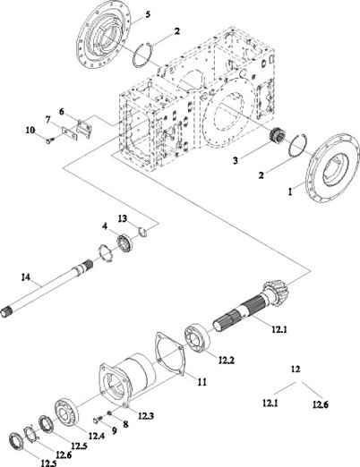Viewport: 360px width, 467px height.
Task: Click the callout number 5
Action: (x=148, y=14)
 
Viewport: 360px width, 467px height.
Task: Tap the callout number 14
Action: (x=26, y=277)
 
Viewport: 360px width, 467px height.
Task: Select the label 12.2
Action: (x=226, y=361)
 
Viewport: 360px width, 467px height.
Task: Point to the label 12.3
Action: (x=146, y=415)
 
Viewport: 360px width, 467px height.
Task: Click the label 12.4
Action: (x=96, y=436)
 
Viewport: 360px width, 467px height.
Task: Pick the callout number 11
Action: (x=202, y=382)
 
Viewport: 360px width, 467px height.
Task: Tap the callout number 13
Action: (x=123, y=218)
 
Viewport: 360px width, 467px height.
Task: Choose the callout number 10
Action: (x=30, y=131)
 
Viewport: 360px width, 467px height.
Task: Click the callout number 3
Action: (x=236, y=160)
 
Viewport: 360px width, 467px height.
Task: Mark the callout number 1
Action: (x=290, y=191)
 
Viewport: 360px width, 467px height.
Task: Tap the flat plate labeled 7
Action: (x=70, y=133)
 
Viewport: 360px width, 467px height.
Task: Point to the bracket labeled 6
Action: (x=84, y=128)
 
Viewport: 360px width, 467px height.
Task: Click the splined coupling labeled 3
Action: (x=276, y=135)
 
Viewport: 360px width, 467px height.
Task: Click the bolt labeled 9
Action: (x=99, y=420)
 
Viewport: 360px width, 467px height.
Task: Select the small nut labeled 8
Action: (x=109, y=412)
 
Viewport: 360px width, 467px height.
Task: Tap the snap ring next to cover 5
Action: (x=142, y=55)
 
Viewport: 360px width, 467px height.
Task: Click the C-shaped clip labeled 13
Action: (x=143, y=231)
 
